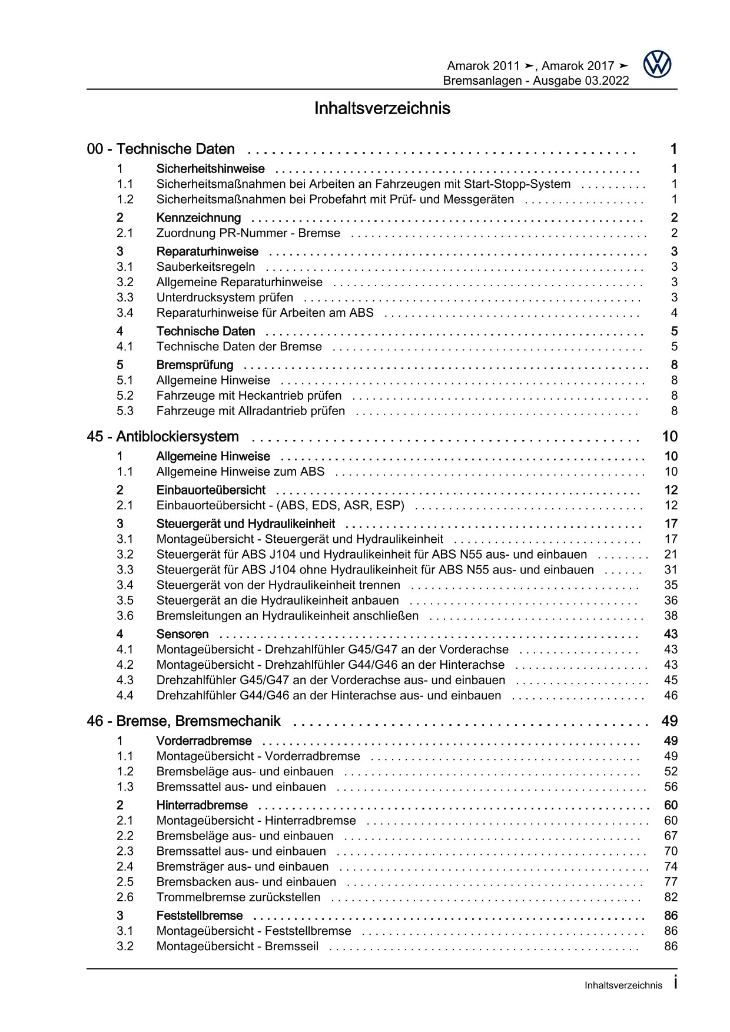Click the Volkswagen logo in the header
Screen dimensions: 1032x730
(x=657, y=64)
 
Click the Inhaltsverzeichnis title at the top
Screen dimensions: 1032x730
(x=382, y=109)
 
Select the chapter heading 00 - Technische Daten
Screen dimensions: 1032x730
(x=161, y=150)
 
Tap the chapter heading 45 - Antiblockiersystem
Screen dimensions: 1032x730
(x=162, y=437)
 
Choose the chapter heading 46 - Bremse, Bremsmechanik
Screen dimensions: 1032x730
(x=184, y=721)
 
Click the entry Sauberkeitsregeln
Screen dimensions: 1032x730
(x=205, y=267)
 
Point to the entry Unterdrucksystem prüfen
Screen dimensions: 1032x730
(x=224, y=298)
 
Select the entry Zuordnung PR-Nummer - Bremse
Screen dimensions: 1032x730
(x=248, y=233)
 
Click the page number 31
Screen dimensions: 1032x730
(x=671, y=570)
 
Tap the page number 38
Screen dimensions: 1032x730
(x=671, y=616)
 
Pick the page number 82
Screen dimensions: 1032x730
(x=671, y=897)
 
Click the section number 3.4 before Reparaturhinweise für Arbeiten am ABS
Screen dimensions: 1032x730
(x=125, y=313)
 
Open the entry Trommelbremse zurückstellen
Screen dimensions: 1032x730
(x=238, y=897)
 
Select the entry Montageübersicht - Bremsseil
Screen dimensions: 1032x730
(x=237, y=947)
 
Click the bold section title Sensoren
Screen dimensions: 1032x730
(x=182, y=635)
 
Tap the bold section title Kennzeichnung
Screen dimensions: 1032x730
(x=198, y=218)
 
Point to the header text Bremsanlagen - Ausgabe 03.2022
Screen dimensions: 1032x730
(x=536, y=81)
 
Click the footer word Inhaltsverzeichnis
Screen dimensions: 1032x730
(x=623, y=985)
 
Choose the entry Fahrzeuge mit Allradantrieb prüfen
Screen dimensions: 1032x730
(x=250, y=411)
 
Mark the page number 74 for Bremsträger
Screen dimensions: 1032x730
(x=671, y=867)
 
